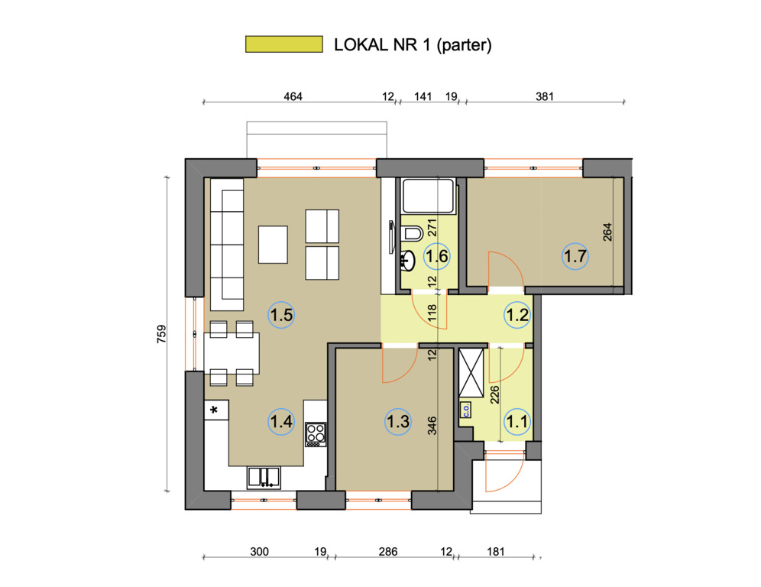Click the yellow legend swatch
click(284, 44)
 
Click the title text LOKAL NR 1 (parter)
click(413, 44)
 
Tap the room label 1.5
click(281, 315)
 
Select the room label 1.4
click(281, 421)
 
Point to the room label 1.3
click(398, 421)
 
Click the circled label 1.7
click(575, 256)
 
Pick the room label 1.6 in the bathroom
click(437, 256)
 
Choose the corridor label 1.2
click(517, 315)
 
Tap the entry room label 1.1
click(517, 421)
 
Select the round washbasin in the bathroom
click(408, 261)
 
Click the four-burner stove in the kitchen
click(316, 435)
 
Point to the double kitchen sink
click(264, 478)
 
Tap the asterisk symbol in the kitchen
click(214, 410)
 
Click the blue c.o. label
click(466, 410)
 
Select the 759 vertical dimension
click(162, 334)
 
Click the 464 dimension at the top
click(293, 96)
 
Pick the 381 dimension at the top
click(545, 96)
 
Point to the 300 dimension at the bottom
click(259, 552)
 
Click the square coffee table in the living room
click(273, 245)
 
